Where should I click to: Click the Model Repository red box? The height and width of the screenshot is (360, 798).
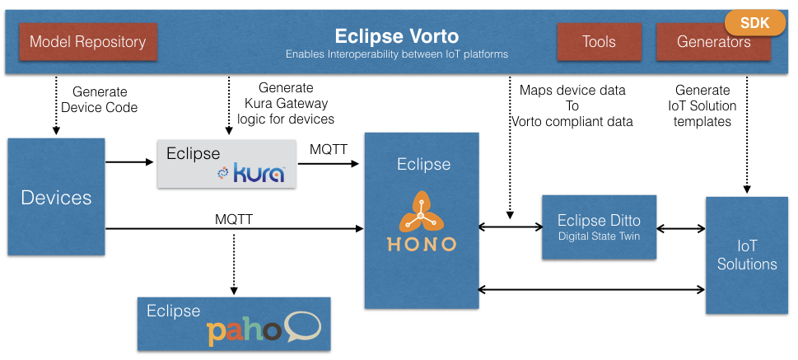point(87,41)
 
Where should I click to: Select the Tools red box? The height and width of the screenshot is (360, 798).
point(599,41)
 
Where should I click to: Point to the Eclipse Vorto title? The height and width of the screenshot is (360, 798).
point(396,36)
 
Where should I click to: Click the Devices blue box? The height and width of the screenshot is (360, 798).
point(56,197)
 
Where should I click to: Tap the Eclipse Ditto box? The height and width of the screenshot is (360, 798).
point(599,227)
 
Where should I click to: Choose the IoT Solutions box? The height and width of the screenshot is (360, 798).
point(746,255)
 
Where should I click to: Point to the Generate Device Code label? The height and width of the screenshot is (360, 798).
point(99,100)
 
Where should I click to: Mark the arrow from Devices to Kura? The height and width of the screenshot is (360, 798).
point(130,161)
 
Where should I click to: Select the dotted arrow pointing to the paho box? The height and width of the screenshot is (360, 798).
point(234,264)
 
